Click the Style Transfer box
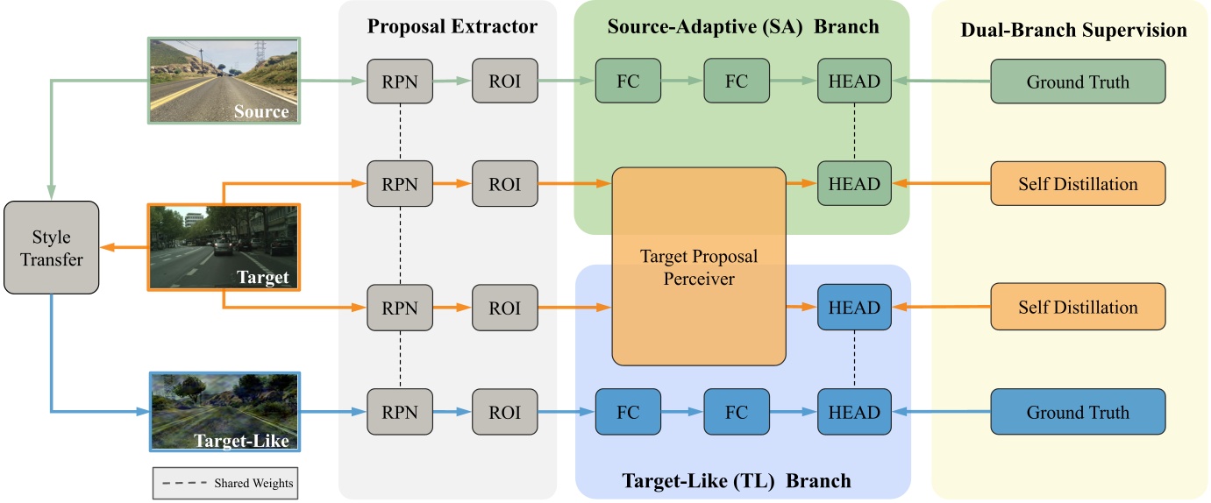[x=52, y=248]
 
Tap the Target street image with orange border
[x=224, y=247]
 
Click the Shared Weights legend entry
[x=225, y=483]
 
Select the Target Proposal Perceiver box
[x=698, y=266]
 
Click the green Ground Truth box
[x=1078, y=81]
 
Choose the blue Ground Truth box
[x=1078, y=413]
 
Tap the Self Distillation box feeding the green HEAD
[x=1078, y=185]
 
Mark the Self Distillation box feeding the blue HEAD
[x=1078, y=308]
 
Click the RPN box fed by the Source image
[x=399, y=81]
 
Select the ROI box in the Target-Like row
[x=505, y=413]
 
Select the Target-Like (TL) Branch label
[x=737, y=480]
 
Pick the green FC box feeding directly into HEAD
[x=737, y=81]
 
